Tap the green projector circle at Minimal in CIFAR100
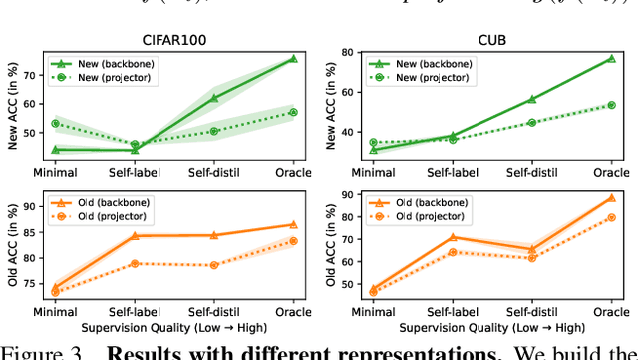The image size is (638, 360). coord(55,124)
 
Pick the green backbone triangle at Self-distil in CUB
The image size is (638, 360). coord(531,99)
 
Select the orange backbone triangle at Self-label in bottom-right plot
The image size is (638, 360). coord(452,237)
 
